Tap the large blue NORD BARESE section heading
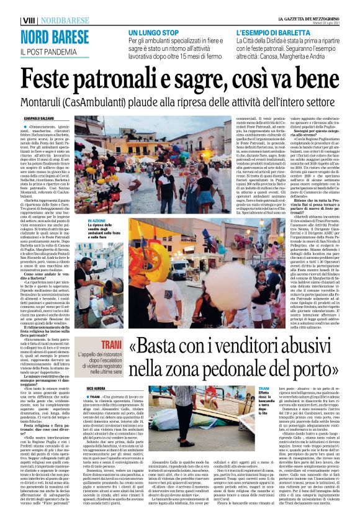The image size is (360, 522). (54, 37)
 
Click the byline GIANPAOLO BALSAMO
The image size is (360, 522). (38, 117)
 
